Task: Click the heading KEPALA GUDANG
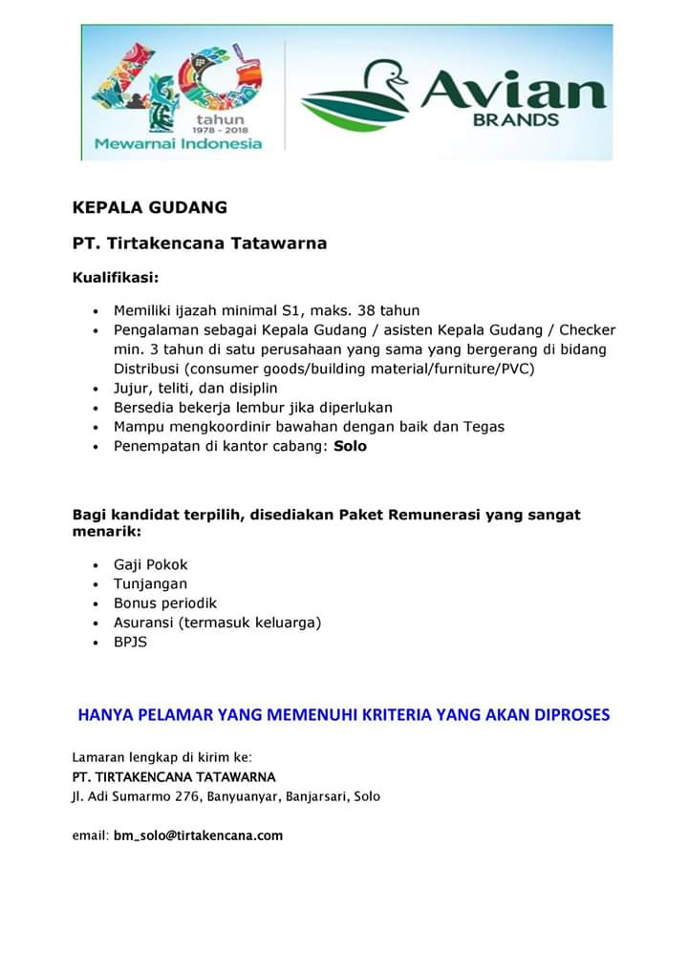coord(150,207)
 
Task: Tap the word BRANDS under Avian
coord(516,121)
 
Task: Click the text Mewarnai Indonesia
coord(178,144)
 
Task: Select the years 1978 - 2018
coord(220,130)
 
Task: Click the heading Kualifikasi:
coord(116,278)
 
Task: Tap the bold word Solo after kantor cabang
coord(350,446)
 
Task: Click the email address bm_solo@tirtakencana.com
coord(198,835)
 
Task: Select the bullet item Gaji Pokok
coord(151,564)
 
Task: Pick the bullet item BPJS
coord(131,642)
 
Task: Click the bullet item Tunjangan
coord(150,583)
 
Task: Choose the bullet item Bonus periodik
coord(165,603)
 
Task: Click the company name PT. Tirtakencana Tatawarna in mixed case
coord(200,243)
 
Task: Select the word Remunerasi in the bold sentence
coord(434,515)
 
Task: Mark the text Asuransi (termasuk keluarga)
coord(217,623)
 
